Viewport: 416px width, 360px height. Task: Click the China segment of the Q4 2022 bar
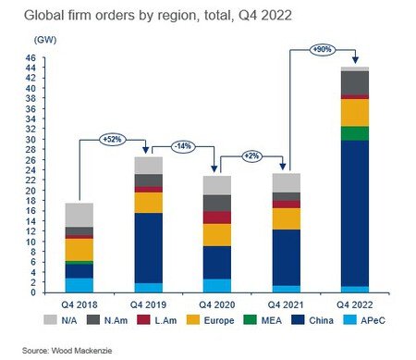point(355,214)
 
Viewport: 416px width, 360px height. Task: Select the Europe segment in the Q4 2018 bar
point(80,250)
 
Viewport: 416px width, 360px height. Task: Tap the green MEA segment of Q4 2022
point(355,133)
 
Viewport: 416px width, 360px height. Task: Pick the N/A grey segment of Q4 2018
point(80,215)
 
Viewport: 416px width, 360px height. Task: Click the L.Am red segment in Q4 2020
point(217,217)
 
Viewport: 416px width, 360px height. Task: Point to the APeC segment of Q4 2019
point(148,288)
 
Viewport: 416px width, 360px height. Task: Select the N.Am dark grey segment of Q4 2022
point(355,82)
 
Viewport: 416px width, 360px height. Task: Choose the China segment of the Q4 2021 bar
point(286,257)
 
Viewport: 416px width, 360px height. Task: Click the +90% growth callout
point(323,49)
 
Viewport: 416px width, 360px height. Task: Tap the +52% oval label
point(113,140)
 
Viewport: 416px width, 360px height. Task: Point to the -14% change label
point(183,146)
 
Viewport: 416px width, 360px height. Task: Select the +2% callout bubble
point(251,156)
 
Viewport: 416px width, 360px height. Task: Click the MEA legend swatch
point(250,320)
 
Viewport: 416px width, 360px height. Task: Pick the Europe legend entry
point(211,320)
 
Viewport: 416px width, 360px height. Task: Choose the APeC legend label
point(373,320)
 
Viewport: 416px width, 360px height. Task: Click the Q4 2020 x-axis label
point(217,304)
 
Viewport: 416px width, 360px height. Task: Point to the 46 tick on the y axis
point(31,57)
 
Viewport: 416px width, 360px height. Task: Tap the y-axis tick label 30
point(31,139)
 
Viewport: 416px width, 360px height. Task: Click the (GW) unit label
point(45,40)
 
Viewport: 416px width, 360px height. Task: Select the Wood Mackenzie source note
point(67,351)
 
